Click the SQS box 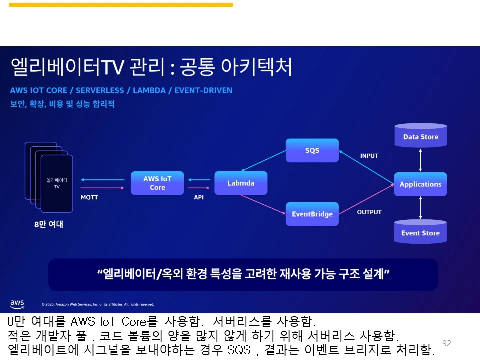pyautogui.click(x=312, y=150)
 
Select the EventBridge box pyautogui.click(x=312, y=214)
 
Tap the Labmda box pyautogui.click(x=241, y=183)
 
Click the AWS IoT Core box pyautogui.click(x=157, y=183)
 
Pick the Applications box pyautogui.click(x=420, y=184)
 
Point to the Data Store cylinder pyautogui.click(x=420, y=136)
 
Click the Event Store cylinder pyautogui.click(x=420, y=232)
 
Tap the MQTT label pyautogui.click(x=89, y=197)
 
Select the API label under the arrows pyautogui.click(x=199, y=197)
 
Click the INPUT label pyautogui.click(x=369, y=156)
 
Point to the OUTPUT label pyautogui.click(x=369, y=212)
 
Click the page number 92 pyautogui.click(x=447, y=343)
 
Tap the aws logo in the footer pyautogui.click(x=17, y=304)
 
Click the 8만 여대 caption pyautogui.click(x=49, y=225)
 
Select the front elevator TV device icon pyautogui.click(x=57, y=183)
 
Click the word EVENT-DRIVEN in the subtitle pyautogui.click(x=206, y=90)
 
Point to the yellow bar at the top pyautogui.click(x=121, y=5)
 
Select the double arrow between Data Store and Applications pyautogui.click(x=420, y=160)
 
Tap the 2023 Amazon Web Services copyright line pyautogui.click(x=98, y=304)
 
